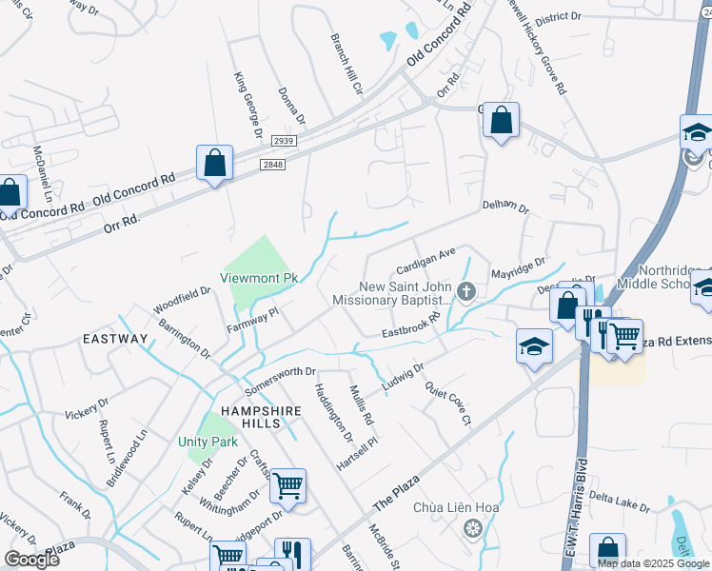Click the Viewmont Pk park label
(x=260, y=278)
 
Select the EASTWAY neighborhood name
(x=115, y=339)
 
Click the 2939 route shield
(x=284, y=140)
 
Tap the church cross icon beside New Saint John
(x=465, y=291)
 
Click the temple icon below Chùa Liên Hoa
(x=469, y=527)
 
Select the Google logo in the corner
(x=31, y=559)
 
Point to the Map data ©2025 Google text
(x=653, y=563)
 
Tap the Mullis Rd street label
(x=362, y=401)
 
